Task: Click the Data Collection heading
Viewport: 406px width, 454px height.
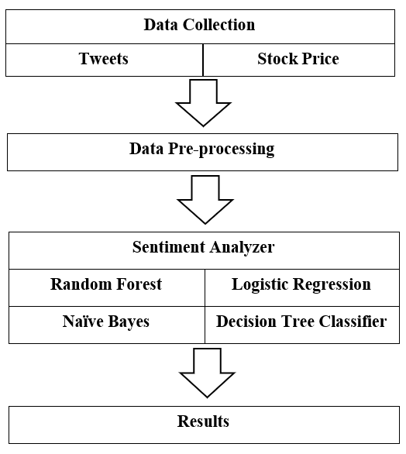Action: click(x=199, y=25)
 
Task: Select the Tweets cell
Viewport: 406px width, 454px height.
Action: click(x=103, y=59)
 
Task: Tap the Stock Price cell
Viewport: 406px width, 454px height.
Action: click(x=298, y=59)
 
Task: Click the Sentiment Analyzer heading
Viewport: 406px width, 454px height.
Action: click(x=203, y=248)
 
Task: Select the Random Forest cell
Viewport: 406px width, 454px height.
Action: click(x=106, y=284)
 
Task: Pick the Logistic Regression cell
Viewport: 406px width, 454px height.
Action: click(x=301, y=284)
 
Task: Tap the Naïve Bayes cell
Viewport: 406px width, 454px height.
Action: click(x=106, y=321)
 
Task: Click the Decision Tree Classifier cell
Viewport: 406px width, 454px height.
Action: click(x=301, y=321)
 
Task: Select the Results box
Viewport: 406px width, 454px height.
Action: click(x=203, y=422)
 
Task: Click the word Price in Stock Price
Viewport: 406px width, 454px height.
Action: click(x=320, y=59)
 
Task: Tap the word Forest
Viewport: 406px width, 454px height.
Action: click(x=138, y=284)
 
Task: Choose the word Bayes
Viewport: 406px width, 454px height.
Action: click(x=128, y=321)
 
